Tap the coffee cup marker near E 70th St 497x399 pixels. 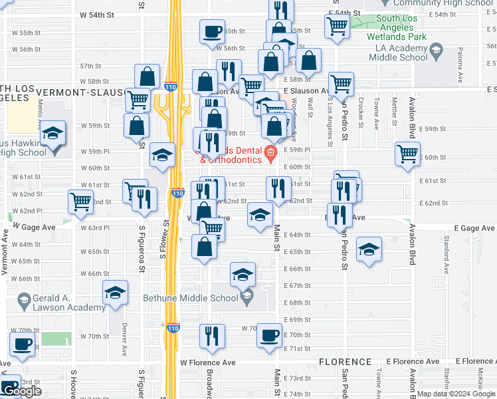(x=269, y=335)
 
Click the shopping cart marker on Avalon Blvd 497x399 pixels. (x=407, y=153)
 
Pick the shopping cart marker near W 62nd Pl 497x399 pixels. (x=80, y=201)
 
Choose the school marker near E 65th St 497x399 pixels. (x=369, y=249)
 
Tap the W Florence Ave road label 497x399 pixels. (x=208, y=363)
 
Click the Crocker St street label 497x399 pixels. (x=361, y=113)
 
